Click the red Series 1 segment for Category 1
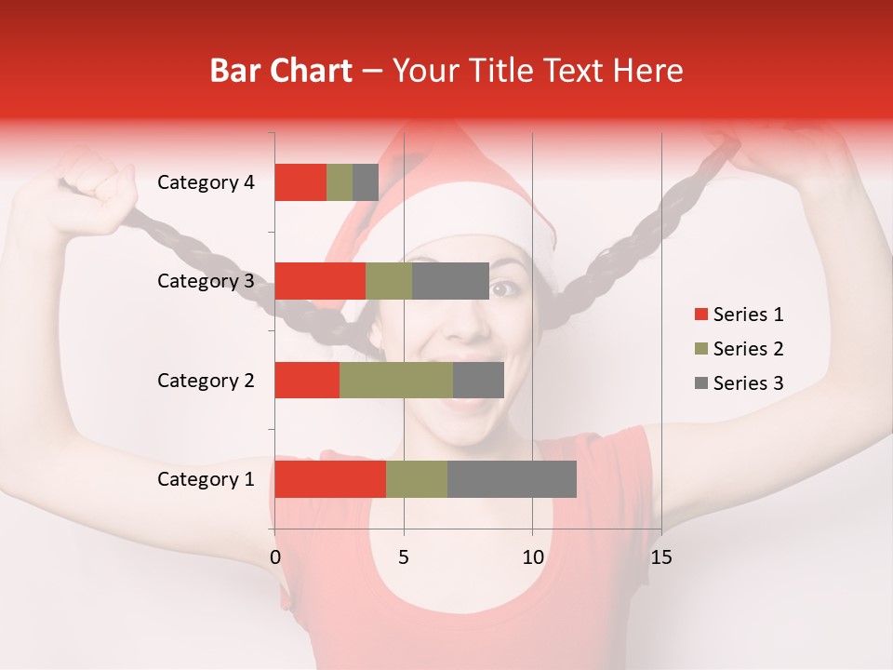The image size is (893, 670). [330, 479]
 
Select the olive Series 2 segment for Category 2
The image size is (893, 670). [396, 380]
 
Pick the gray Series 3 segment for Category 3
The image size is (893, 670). [450, 281]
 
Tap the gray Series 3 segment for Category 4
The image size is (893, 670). [366, 182]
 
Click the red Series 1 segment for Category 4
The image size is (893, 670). [300, 182]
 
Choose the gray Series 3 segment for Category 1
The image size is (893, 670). [512, 479]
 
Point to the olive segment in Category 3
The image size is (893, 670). [389, 281]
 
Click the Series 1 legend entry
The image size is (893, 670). [738, 315]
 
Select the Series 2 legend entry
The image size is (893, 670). [738, 349]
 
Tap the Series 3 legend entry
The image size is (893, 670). [738, 383]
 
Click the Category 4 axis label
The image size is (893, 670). [206, 182]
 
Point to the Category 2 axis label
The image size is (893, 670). [206, 381]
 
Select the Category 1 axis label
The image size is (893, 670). [206, 479]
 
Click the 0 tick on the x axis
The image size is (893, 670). [275, 557]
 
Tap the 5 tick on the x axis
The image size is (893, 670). [404, 557]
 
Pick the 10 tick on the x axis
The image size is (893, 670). [532, 557]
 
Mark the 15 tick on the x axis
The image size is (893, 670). [660, 557]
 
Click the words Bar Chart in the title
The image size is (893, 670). [281, 71]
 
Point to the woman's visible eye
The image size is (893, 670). [504, 288]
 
